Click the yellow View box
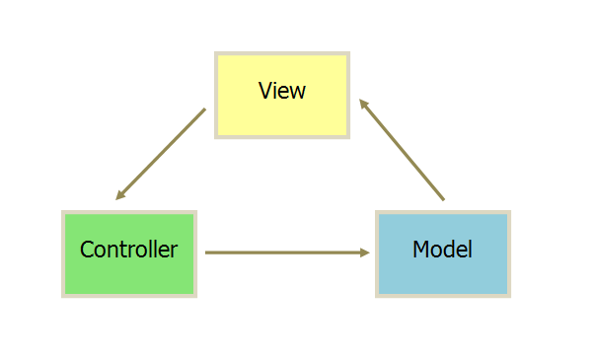(x=282, y=95)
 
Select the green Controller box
(x=129, y=253)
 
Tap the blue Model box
(x=443, y=253)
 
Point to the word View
(x=282, y=91)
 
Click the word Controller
(x=129, y=250)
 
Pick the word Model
(x=443, y=250)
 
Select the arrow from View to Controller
(x=161, y=154)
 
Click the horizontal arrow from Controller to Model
(x=286, y=252)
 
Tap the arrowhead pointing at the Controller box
(x=119, y=196)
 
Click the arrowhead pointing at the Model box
(x=365, y=252)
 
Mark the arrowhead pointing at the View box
(x=362, y=102)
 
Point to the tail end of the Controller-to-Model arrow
(x=207, y=252)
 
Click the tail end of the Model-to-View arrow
(x=443, y=199)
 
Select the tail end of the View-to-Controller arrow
(x=204, y=109)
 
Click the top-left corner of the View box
(x=216, y=53)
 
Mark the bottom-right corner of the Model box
(x=509, y=295)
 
